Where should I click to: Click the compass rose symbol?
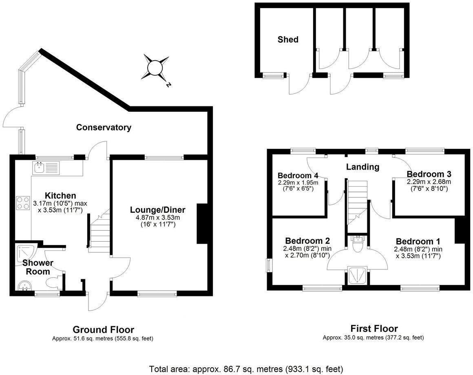pyautogui.click(x=155, y=67)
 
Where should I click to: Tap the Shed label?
pyautogui.click(x=288, y=40)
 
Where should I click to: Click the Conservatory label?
pyautogui.click(x=104, y=128)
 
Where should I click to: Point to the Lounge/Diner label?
pyautogui.click(x=157, y=210)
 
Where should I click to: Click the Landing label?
pyautogui.click(x=362, y=167)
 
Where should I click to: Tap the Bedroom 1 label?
pyautogui.click(x=418, y=240)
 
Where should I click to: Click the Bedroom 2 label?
pyautogui.click(x=307, y=240)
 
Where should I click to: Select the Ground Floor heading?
pyautogui.click(x=103, y=329)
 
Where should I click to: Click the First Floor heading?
pyautogui.click(x=374, y=328)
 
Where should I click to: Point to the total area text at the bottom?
pyautogui.click(x=246, y=369)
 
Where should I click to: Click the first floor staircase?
pyautogui.click(x=358, y=200)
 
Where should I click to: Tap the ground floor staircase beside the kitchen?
pyautogui.click(x=99, y=232)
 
